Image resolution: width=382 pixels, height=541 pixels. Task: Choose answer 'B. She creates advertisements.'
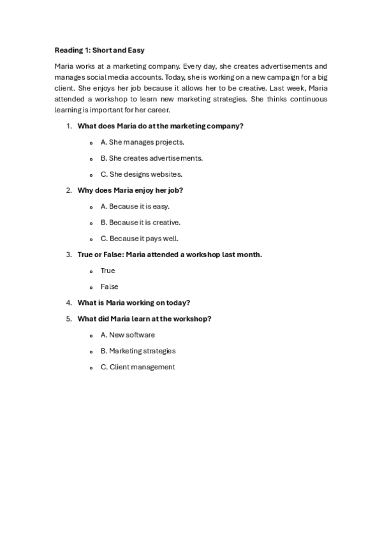click(151, 158)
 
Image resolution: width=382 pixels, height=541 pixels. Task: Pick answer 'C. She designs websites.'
click(141, 174)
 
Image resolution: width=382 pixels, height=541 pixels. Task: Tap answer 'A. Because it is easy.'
click(135, 207)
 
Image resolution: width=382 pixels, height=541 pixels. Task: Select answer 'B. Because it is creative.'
click(140, 223)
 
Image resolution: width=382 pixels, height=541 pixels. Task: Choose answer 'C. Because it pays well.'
click(139, 239)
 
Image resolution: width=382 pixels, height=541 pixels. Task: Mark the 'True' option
click(108, 270)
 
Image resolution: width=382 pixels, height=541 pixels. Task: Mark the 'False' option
click(109, 287)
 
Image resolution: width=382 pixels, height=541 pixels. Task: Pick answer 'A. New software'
click(128, 335)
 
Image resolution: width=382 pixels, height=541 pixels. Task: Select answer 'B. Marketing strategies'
click(138, 351)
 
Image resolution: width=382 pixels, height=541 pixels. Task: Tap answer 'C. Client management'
click(137, 367)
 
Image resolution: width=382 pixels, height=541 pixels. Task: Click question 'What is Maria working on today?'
click(134, 303)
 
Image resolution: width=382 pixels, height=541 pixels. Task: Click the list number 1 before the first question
click(69, 126)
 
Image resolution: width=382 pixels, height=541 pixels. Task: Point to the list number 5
click(69, 319)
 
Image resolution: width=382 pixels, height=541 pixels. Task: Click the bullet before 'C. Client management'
click(92, 367)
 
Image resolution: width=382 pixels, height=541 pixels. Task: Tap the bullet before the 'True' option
click(92, 271)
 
